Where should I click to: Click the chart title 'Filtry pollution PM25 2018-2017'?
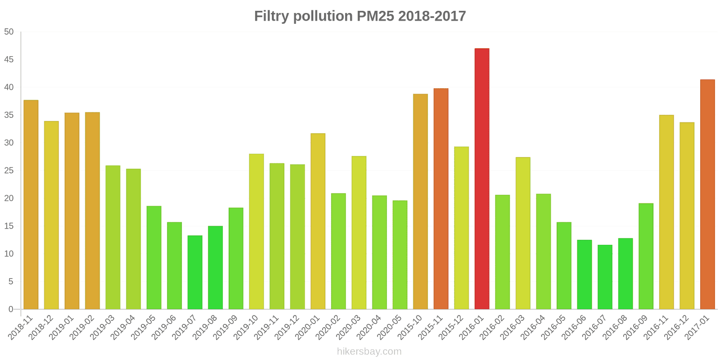360,16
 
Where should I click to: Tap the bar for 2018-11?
31,205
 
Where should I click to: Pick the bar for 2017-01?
707,194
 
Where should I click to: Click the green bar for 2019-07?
195,272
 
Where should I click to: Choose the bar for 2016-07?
605,277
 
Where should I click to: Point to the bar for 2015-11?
441,199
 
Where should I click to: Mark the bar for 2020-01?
318,221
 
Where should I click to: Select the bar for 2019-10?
256,231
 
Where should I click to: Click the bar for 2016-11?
666,212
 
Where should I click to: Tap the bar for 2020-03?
359,233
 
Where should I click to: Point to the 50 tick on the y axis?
9,32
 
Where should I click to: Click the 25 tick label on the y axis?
9,171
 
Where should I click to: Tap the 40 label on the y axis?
9,87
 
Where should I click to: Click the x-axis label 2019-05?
144,327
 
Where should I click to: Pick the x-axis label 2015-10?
410,327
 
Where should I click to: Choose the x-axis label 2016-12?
677,327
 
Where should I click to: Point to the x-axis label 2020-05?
390,327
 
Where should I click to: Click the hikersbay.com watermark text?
369,351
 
